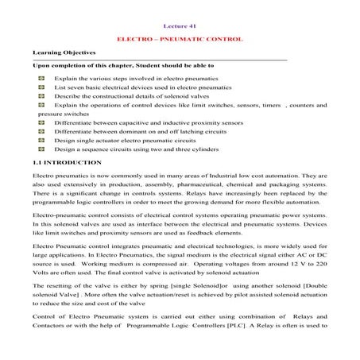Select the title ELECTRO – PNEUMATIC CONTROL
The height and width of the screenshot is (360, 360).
pos(180,39)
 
